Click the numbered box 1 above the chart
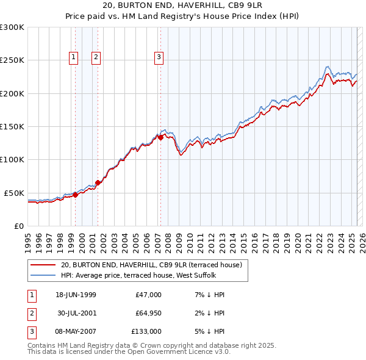pos(73,58)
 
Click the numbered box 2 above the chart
pos(96,58)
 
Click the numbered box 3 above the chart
pos(159,58)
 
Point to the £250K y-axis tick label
pos(12,60)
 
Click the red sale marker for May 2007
pos(160,138)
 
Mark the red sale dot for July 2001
pos(98,182)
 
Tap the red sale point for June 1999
pos(76,195)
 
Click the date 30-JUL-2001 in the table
pos(76,313)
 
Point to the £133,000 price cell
pos(146,331)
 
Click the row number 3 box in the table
pos(30,331)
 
